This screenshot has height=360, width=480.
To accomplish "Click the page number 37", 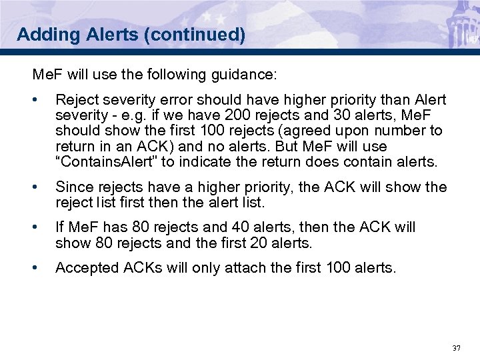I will (457, 348).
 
